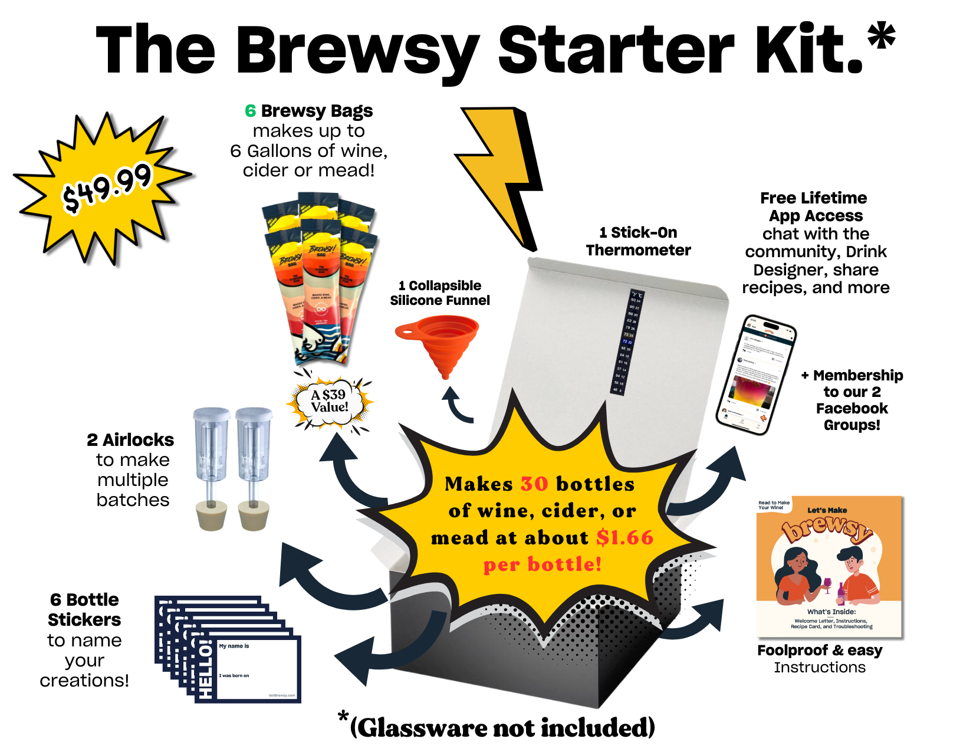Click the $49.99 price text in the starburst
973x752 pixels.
(x=107, y=187)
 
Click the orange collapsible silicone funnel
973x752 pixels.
(x=439, y=342)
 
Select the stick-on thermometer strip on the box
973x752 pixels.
(x=626, y=342)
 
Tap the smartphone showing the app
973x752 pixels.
(x=756, y=375)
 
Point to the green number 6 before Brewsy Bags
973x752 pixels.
(x=251, y=111)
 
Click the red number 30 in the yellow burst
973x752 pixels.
(x=534, y=484)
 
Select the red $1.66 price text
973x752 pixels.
(x=624, y=538)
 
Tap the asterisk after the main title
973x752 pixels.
(x=882, y=37)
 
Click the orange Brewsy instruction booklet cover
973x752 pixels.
(x=829, y=566)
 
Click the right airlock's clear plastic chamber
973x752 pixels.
(x=254, y=445)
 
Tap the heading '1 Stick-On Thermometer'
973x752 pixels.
(x=638, y=241)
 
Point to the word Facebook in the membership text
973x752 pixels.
(x=852, y=409)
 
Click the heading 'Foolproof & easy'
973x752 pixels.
(x=820, y=651)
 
